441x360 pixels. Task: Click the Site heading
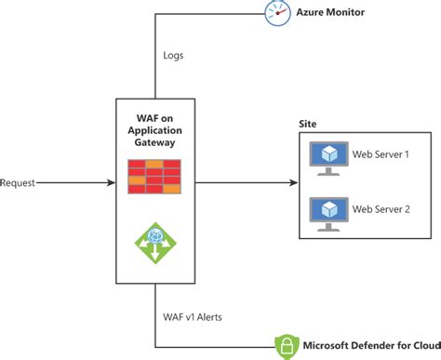(x=307, y=124)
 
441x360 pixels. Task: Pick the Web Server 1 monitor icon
(x=329, y=157)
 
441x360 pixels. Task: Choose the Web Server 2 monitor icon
(x=329, y=211)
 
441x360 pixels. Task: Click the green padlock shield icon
(x=287, y=346)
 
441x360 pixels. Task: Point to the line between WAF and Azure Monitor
(x=154, y=56)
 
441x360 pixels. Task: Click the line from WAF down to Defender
(x=154, y=316)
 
